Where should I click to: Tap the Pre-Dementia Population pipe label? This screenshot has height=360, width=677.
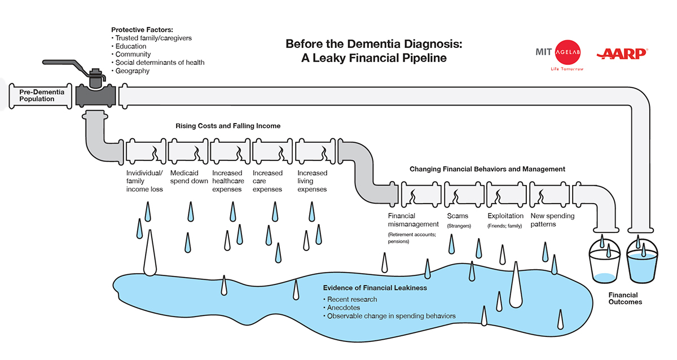pos(38,95)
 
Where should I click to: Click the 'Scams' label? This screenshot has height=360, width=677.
pos(458,216)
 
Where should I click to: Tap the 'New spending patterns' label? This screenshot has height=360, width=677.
pos(552,220)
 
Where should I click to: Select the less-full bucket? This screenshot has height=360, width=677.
pos(604,265)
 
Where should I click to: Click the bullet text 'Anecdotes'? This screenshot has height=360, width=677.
pos(344,308)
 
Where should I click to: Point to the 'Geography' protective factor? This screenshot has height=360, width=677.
pos(133,71)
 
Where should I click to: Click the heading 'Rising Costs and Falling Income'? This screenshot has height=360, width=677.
pos(228,126)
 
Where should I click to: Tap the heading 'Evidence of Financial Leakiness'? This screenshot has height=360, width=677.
pos(375,288)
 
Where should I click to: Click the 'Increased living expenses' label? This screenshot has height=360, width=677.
pos(312,181)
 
